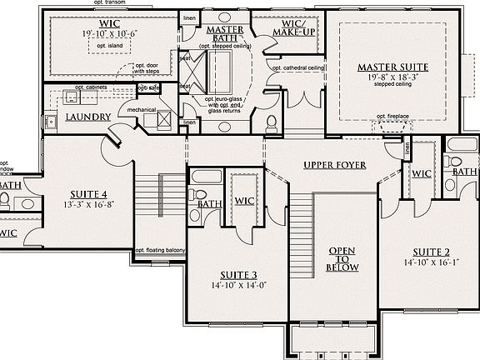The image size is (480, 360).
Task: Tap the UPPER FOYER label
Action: (335, 165)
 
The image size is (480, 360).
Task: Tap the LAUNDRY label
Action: (88, 117)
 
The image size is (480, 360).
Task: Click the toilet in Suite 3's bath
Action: (200, 196)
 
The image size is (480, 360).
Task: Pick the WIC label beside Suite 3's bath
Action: (244, 201)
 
